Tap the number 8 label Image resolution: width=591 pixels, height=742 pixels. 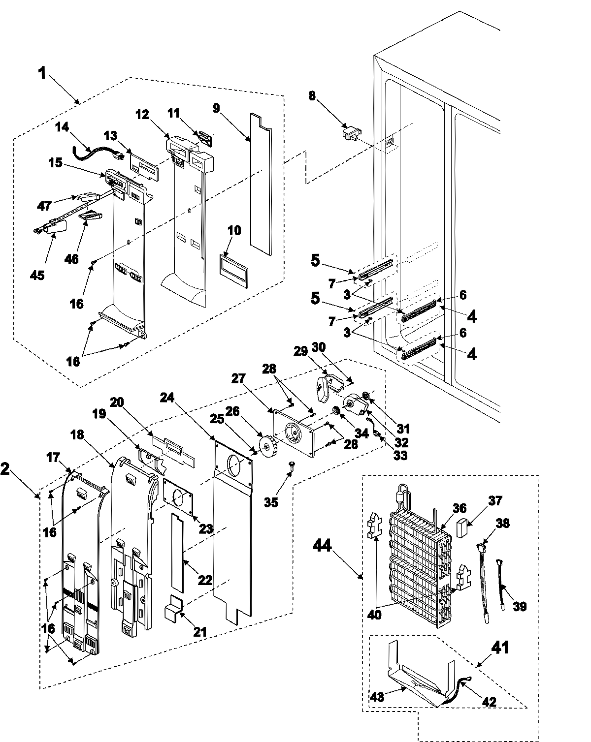[312, 95]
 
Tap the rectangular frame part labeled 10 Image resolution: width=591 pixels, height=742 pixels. [234, 270]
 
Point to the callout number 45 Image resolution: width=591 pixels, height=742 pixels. [37, 274]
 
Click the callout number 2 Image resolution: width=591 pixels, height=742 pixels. [6, 469]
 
